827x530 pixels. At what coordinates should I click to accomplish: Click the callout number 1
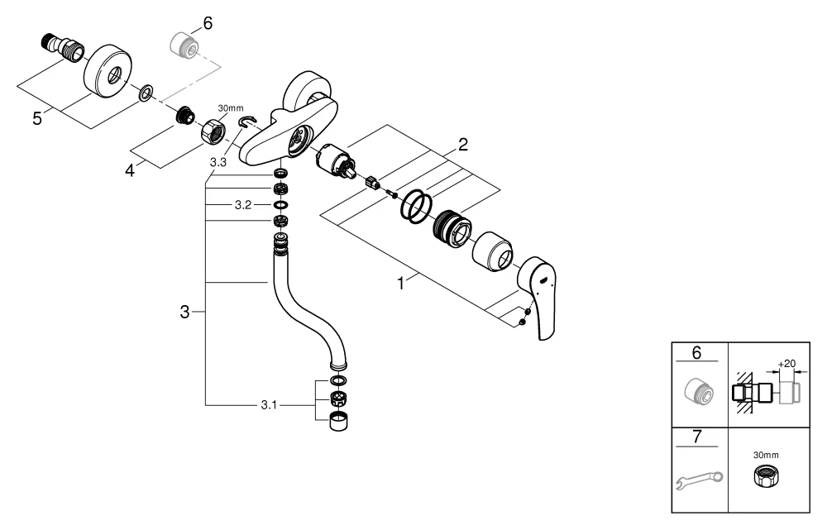tap(401, 283)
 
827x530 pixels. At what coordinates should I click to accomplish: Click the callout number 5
tap(36, 118)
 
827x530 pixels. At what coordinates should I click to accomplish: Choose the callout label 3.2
tap(242, 203)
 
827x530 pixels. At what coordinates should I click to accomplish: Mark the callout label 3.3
tap(218, 164)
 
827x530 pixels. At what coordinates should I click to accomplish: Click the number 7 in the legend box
tap(696, 436)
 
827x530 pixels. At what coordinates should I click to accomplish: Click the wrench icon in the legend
tap(696, 479)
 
